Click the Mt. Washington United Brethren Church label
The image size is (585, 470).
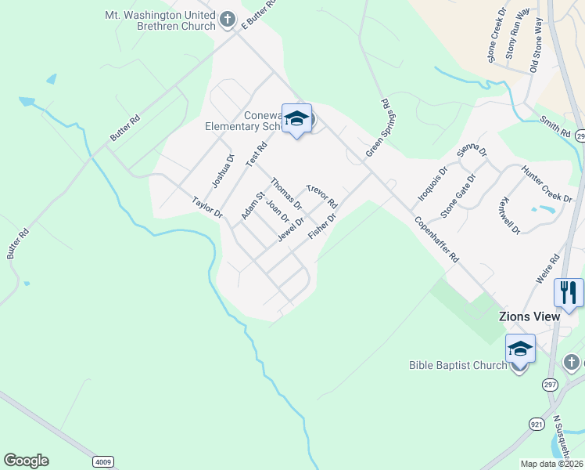click(x=160, y=20)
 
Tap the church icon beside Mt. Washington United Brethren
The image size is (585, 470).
click(x=228, y=19)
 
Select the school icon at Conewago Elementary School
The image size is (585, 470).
click(x=296, y=118)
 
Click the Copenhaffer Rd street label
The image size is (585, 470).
click(x=436, y=238)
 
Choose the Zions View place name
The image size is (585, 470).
click(x=529, y=316)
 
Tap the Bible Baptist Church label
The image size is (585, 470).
click(x=458, y=365)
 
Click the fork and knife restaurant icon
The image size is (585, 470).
click(x=569, y=293)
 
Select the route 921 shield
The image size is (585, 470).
click(x=536, y=423)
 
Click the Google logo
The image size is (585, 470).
click(x=26, y=461)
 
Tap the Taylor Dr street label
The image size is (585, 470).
click(x=208, y=208)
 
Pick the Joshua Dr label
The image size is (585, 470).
click(x=223, y=171)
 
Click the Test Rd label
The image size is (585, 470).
click(x=257, y=154)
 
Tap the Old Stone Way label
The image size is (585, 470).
click(x=537, y=46)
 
